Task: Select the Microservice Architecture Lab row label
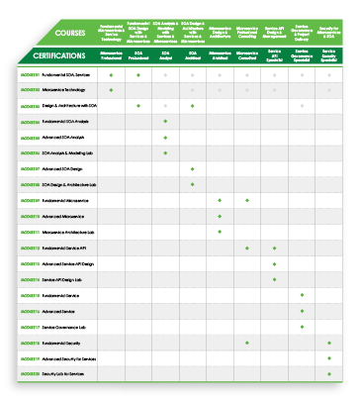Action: (70, 231)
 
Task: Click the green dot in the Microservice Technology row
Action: (111, 90)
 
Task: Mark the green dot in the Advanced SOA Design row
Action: (192, 168)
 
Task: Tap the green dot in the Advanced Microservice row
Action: (220, 216)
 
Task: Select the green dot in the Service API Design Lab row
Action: (274, 279)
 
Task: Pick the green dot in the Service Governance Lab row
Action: (302, 326)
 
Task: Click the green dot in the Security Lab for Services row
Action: (329, 373)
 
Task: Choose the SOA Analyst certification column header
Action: (165, 57)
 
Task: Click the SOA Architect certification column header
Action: (193, 57)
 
